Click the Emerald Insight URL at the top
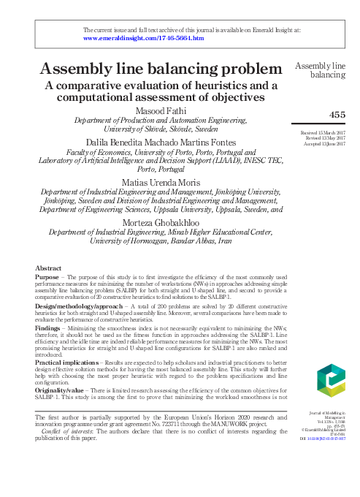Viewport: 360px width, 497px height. (144, 37)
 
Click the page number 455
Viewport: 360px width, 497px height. (338, 115)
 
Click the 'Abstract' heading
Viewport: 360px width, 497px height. (49, 268)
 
